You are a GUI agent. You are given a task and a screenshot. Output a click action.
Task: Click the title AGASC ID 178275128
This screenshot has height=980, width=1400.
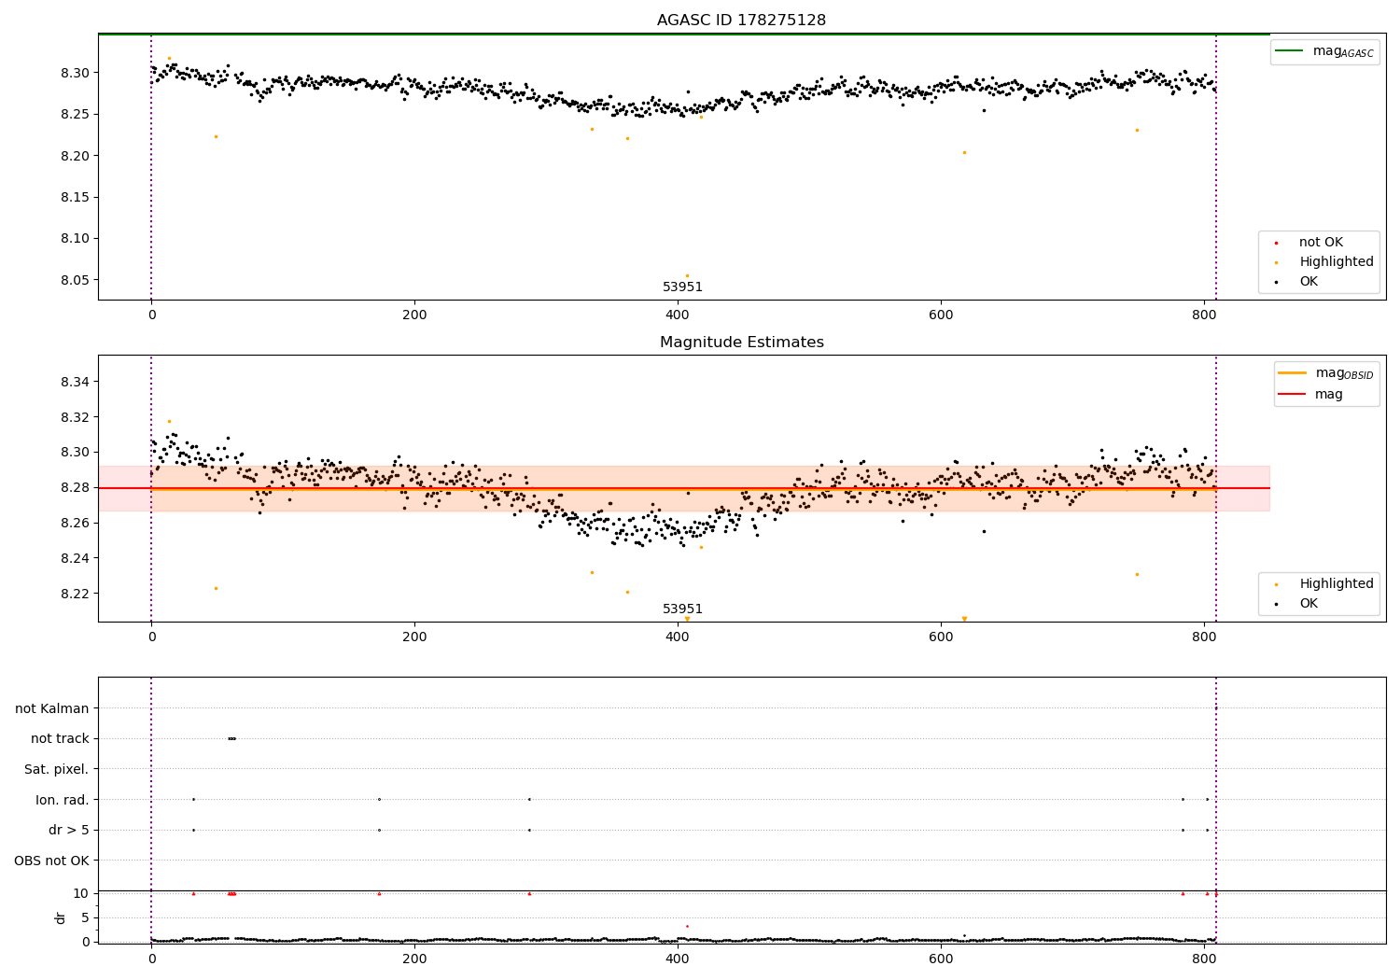(x=741, y=21)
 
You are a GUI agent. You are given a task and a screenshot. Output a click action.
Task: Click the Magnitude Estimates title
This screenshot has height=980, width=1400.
(x=741, y=343)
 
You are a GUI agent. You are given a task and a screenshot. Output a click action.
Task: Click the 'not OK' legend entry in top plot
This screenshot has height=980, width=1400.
(x=1321, y=243)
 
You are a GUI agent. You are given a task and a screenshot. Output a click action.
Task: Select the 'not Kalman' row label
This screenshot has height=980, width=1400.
(x=51, y=708)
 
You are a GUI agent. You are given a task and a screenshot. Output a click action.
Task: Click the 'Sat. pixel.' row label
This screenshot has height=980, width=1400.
(x=56, y=769)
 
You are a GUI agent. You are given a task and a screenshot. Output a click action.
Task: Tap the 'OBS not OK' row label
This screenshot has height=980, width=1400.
(x=51, y=861)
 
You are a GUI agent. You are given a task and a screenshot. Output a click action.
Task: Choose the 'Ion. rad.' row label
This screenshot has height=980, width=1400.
(x=62, y=800)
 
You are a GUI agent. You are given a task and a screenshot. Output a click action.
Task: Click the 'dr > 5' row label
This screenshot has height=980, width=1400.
(x=68, y=830)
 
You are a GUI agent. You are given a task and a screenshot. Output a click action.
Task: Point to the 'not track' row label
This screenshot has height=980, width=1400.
(x=60, y=738)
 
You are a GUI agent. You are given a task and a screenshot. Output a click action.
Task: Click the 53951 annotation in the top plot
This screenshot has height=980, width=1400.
(x=682, y=287)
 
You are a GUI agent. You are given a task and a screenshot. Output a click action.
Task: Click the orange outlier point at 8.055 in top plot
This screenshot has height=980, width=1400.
(x=687, y=275)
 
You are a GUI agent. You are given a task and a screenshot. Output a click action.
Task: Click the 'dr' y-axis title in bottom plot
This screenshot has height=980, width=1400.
(x=61, y=917)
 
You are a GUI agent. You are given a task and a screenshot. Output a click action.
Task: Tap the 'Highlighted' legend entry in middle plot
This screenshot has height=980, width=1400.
(x=1336, y=584)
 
